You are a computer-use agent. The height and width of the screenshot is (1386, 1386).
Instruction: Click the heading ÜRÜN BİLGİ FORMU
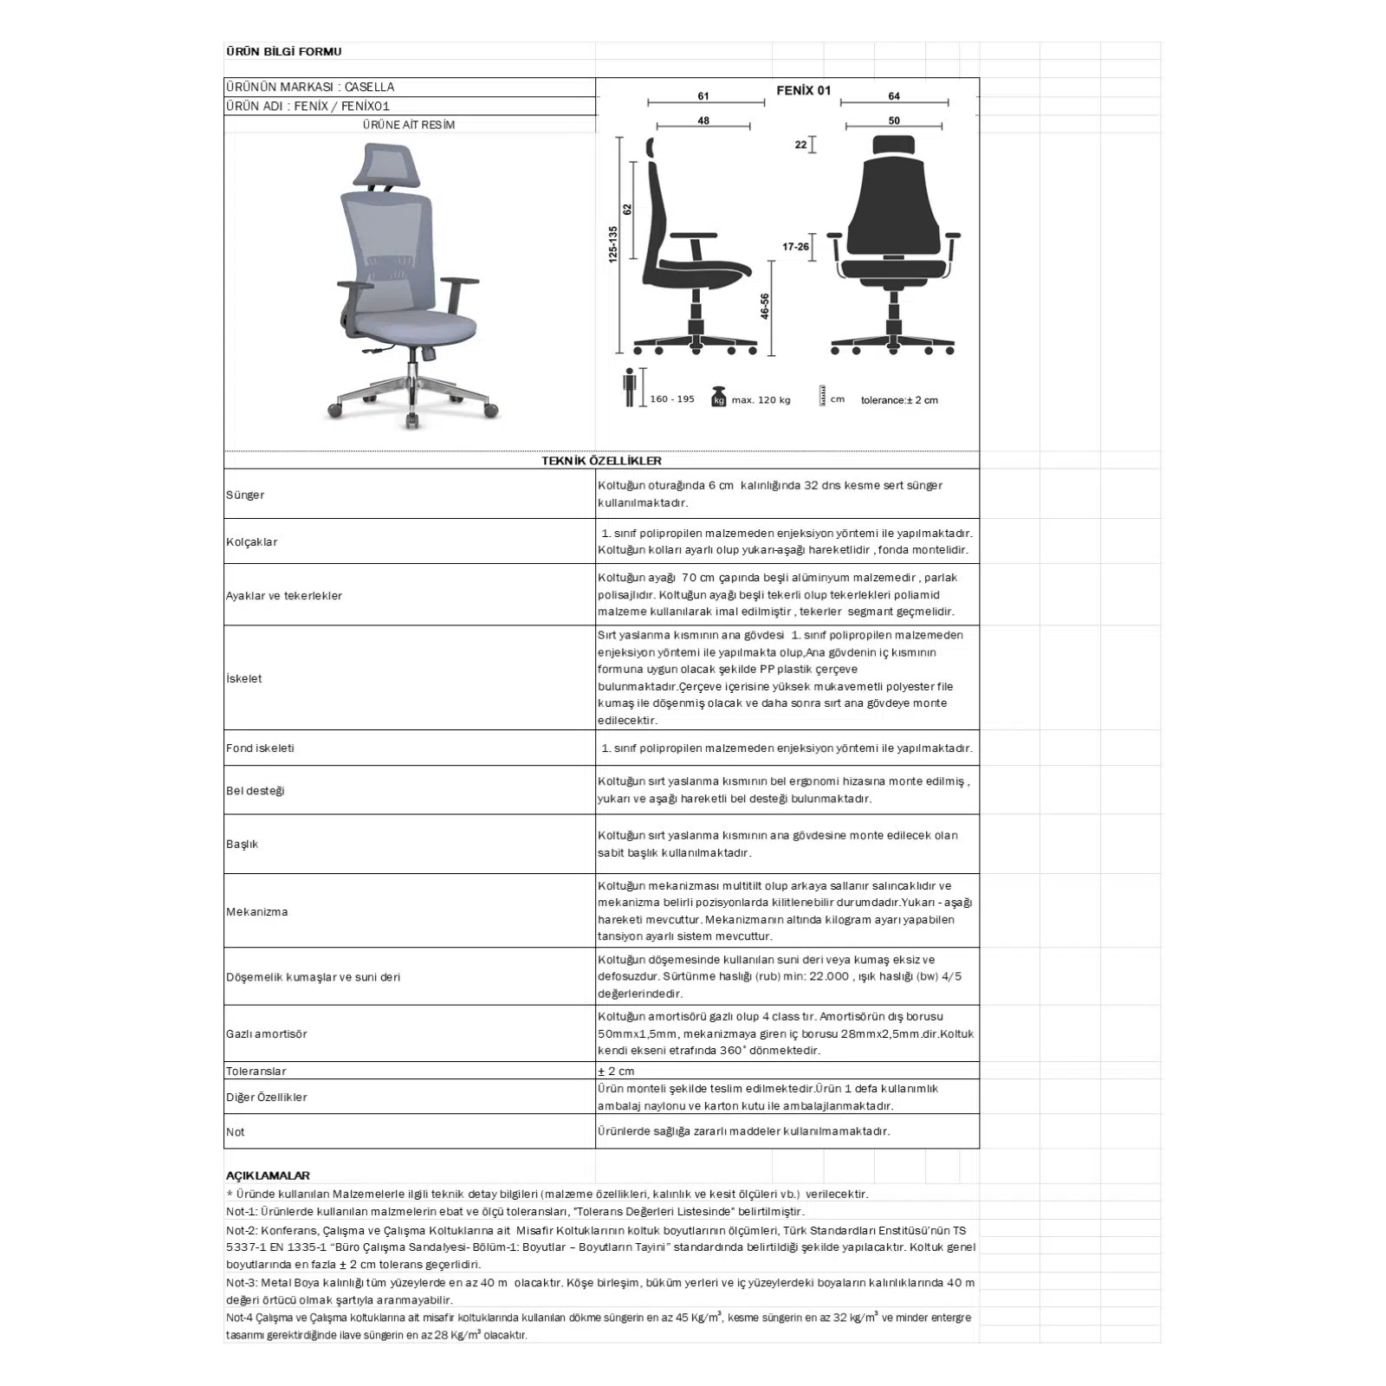[283, 51]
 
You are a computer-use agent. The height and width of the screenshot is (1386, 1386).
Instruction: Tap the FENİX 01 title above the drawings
[803, 90]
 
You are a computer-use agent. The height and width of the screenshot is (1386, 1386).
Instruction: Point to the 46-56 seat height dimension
[765, 307]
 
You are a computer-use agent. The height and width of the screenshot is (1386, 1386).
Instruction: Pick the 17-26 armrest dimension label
[795, 247]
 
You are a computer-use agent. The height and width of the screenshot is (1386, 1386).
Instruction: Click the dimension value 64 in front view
[894, 96]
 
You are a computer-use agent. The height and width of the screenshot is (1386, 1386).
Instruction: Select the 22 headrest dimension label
[800, 145]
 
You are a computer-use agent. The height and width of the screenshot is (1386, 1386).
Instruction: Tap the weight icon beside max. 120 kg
[718, 397]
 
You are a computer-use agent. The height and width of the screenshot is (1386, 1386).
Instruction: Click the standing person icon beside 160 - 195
[630, 387]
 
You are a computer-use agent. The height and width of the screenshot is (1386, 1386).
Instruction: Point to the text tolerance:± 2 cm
[899, 400]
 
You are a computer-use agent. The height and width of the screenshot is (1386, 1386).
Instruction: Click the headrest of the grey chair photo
[390, 162]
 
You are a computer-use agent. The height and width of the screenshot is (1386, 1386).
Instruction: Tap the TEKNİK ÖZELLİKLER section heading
[601, 461]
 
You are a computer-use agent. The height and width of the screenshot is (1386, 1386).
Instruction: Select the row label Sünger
[245, 495]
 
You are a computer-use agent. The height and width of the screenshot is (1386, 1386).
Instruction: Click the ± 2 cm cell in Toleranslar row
[616, 1072]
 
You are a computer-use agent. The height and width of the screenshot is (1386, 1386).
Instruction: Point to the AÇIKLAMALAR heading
[268, 1176]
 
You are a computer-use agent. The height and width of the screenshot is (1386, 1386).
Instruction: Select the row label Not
[235, 1132]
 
